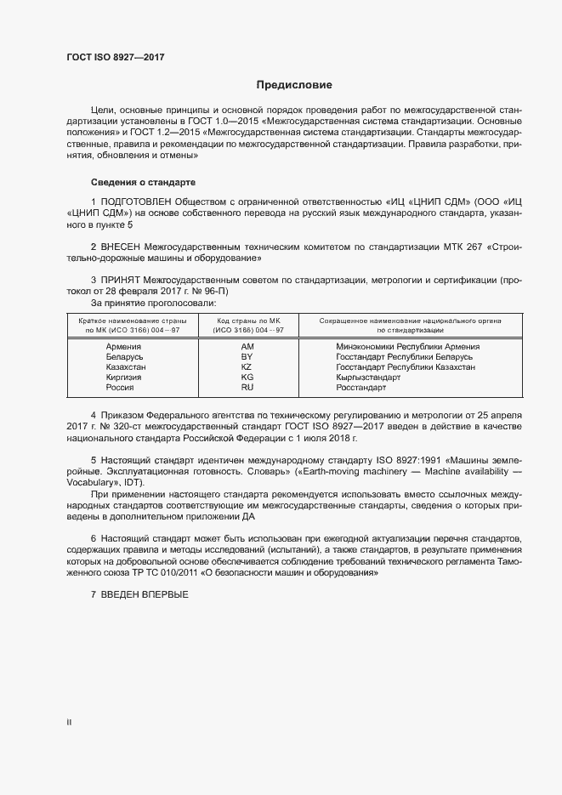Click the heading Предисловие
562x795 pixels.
click(295, 85)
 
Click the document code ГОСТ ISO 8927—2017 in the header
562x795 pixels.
click(115, 58)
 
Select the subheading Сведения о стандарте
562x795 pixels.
click(143, 183)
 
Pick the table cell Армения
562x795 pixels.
click(123, 347)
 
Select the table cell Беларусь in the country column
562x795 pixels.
click(123, 357)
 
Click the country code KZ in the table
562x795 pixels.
click(247, 367)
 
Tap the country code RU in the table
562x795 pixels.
click(247, 388)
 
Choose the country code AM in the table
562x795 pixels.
click(247, 347)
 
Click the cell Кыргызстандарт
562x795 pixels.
click(368, 378)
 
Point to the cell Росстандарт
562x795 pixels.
click(360, 388)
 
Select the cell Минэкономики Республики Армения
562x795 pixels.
click(407, 347)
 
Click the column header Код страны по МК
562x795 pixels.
click(248, 321)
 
